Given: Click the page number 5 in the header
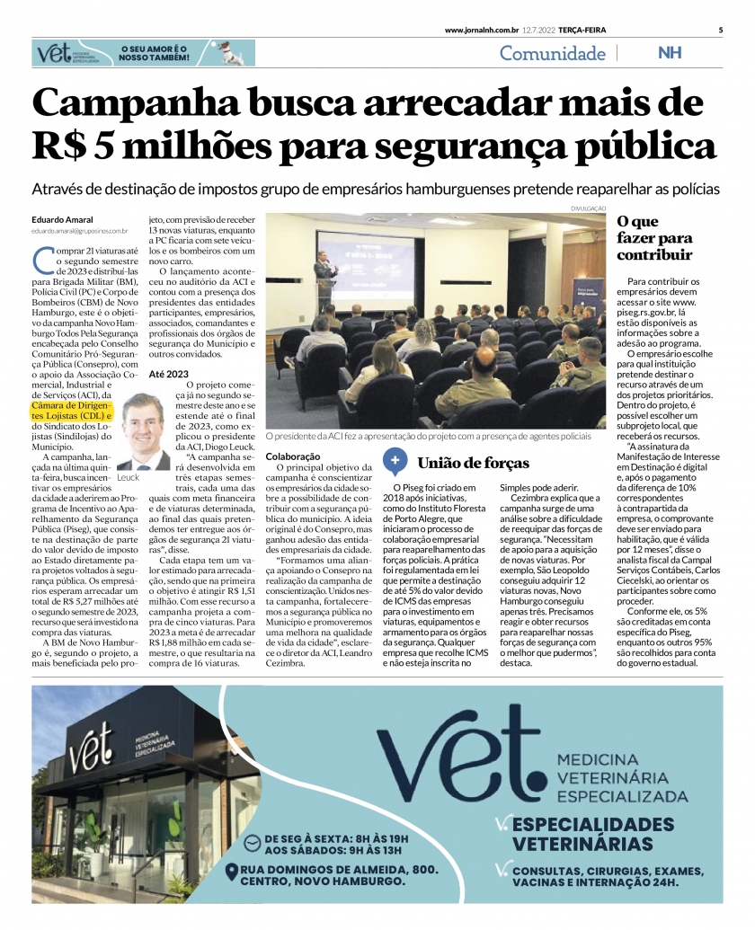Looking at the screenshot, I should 721,30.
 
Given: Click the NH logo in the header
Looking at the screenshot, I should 670,53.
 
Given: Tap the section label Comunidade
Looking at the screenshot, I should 552,53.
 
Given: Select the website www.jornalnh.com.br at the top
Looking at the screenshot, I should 484,30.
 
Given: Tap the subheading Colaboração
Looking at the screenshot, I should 293,456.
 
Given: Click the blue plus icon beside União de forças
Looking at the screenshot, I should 394,462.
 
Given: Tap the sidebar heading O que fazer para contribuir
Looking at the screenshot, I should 654,238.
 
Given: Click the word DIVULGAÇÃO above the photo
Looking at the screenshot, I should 588,208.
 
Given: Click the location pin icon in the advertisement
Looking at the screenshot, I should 234,871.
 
